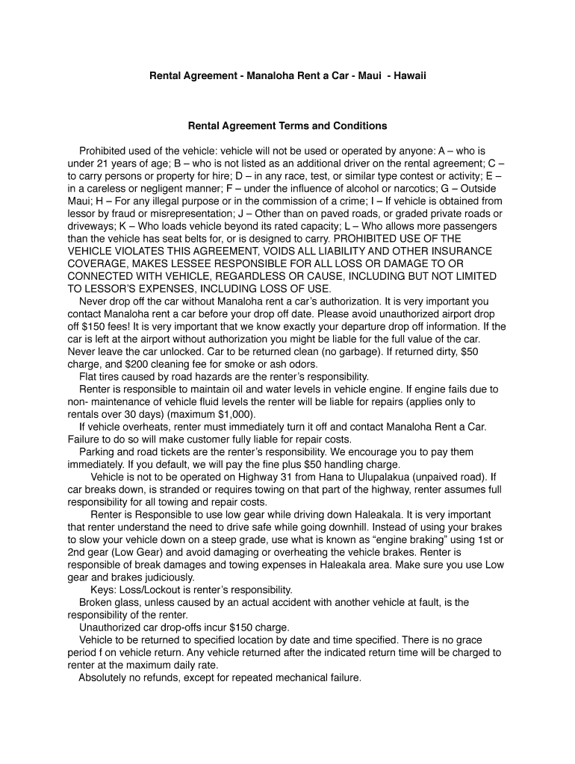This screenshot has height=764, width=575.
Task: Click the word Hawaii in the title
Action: pos(409,75)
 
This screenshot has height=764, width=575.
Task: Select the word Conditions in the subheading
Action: pos(361,126)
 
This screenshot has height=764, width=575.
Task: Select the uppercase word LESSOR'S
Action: pos(118,289)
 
